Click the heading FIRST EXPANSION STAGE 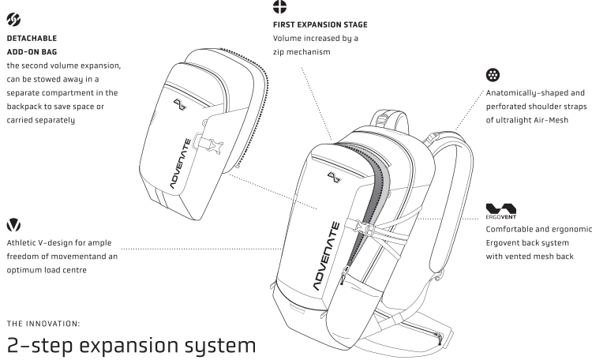point(319,24)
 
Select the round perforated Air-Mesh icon point(493,76)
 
